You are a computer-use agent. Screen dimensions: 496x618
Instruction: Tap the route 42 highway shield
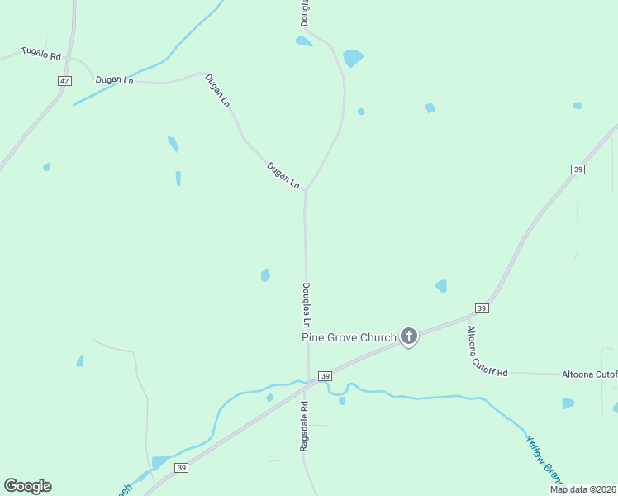coord(65,80)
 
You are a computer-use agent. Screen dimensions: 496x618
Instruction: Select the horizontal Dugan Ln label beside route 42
coord(114,80)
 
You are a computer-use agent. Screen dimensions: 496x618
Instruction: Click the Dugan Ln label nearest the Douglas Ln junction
coord(283,176)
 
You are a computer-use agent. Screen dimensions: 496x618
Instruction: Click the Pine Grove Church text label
coord(349,337)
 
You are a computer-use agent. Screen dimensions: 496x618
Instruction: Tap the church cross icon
coord(408,336)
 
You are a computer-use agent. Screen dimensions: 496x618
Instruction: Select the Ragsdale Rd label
coord(304,427)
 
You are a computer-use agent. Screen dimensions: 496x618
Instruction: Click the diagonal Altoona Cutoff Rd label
coord(487,352)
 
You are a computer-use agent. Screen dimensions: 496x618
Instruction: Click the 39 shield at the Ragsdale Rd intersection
coord(326,376)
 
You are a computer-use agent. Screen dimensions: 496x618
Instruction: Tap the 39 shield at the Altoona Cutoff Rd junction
coord(483,308)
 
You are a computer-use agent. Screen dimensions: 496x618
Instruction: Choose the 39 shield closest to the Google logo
coord(180,468)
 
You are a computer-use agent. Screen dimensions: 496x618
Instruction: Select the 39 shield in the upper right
coord(578,169)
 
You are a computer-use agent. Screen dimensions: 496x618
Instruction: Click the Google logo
coord(28,486)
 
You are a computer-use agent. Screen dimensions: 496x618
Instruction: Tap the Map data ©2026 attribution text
coord(582,489)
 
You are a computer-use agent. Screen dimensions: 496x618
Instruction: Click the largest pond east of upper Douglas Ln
coord(353,58)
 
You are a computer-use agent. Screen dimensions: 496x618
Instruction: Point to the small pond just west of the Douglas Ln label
coord(265,275)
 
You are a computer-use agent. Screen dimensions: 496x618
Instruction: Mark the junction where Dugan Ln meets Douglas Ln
coord(306,190)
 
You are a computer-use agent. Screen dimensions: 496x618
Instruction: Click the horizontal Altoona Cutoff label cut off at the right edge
coord(590,374)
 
